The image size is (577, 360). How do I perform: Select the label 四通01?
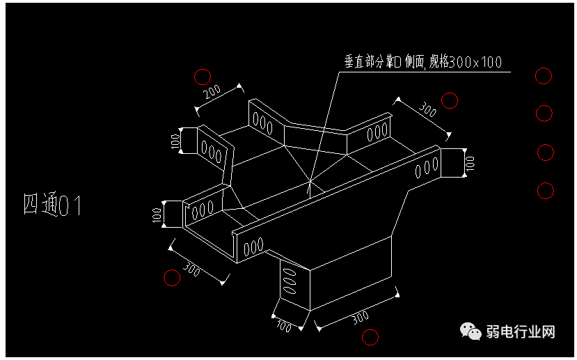(53, 205)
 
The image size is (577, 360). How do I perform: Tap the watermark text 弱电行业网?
(521, 331)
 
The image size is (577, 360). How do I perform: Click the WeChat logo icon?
(473, 331)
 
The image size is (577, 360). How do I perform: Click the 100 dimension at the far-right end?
(470, 164)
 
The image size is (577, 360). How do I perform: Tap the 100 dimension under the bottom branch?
(283, 326)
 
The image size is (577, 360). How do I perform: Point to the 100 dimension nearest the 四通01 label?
(157, 214)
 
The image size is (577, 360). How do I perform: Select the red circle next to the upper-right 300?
(450, 101)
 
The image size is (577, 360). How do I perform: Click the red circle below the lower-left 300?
(171, 278)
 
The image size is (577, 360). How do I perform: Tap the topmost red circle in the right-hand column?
(544, 76)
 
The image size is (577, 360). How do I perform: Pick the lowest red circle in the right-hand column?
(545, 189)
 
